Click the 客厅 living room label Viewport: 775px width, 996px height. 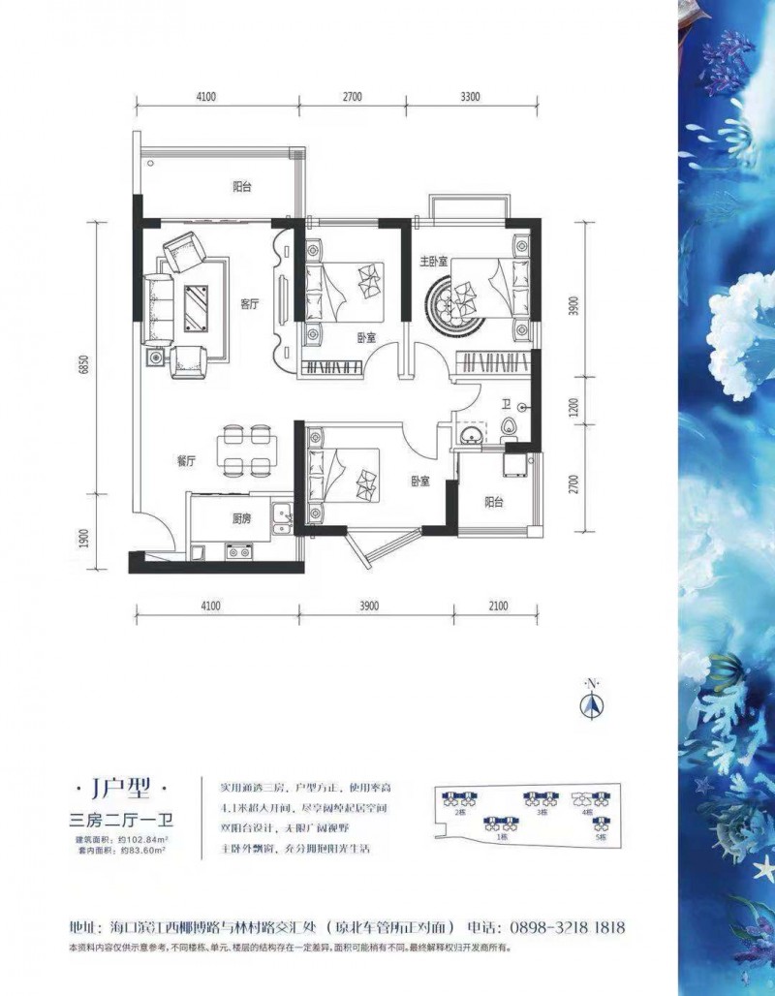(250, 303)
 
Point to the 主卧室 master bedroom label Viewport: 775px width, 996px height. (432, 262)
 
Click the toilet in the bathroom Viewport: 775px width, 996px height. (511, 426)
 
